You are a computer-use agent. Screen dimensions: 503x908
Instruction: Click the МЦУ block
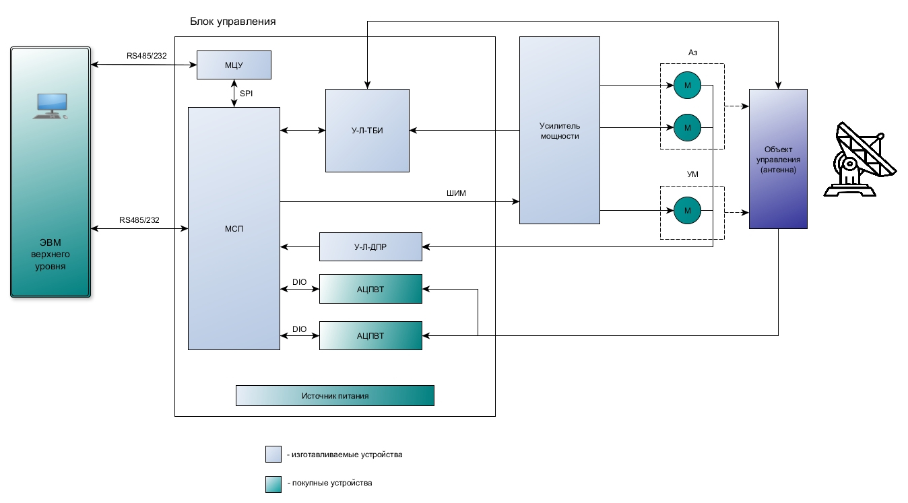coord(233,65)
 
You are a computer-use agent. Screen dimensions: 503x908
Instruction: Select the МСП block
coord(233,228)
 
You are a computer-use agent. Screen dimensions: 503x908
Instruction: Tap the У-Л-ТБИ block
coord(367,131)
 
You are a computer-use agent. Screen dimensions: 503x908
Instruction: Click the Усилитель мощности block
coord(559,130)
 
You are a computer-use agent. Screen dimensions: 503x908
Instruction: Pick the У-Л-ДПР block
coord(370,247)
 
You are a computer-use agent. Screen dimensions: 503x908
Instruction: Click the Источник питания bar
coord(334,396)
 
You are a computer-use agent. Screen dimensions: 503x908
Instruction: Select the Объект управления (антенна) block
coord(777,159)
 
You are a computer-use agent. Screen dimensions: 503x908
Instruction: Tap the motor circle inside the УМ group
coord(687,211)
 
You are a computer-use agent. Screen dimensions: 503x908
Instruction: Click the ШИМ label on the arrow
coord(456,194)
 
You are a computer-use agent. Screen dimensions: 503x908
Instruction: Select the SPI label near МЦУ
coord(247,93)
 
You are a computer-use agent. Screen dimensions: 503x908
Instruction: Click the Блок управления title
coord(233,22)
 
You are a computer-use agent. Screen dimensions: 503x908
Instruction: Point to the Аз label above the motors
coord(692,53)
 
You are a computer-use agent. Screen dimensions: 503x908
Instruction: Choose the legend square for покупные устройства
coord(273,484)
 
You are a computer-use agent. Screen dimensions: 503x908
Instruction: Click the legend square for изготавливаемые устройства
coord(273,455)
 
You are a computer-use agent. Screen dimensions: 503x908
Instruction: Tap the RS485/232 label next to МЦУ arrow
coord(146,55)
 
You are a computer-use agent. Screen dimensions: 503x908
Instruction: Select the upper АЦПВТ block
coord(370,289)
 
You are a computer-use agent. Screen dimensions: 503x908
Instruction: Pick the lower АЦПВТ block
coord(370,335)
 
